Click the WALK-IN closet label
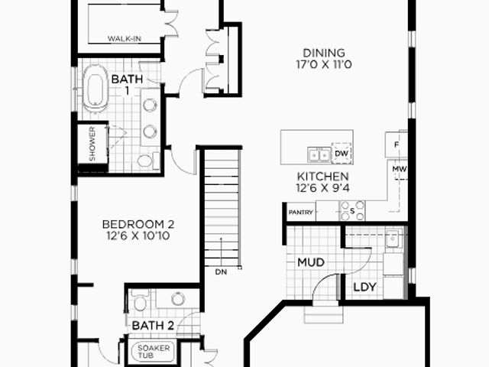[124, 39]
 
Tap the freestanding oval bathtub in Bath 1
[95, 89]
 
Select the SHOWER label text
[92, 144]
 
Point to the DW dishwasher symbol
[342, 153]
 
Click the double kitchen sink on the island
[319, 154]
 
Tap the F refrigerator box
[397, 145]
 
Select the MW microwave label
[399, 169]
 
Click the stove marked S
[352, 211]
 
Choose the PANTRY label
[300, 213]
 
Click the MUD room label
[311, 262]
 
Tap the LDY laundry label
[364, 287]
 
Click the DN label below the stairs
[221, 272]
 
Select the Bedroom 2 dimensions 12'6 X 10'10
[138, 235]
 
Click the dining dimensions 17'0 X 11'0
[324, 64]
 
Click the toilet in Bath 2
[139, 300]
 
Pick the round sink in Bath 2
[178, 299]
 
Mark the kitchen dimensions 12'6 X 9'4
[322, 188]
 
